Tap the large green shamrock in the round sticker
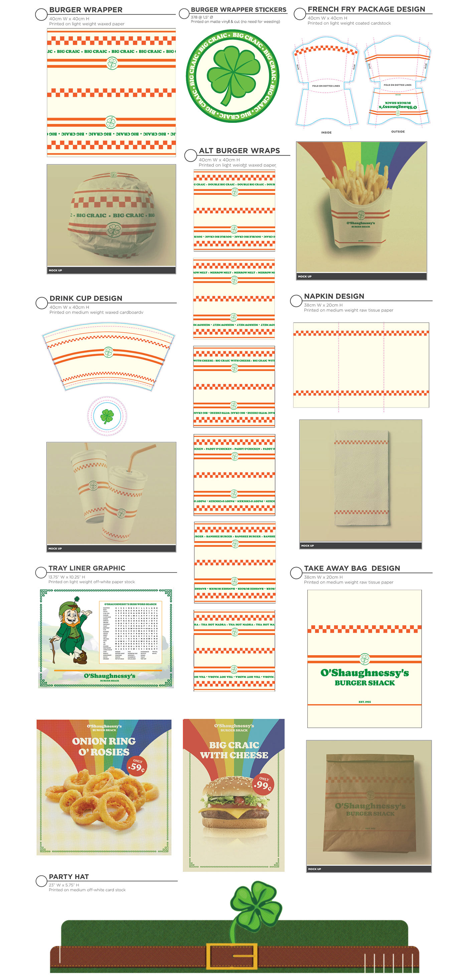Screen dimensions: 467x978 pyautogui.click(x=232, y=72)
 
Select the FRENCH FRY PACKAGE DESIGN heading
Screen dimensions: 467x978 pyautogui.click(x=366, y=9)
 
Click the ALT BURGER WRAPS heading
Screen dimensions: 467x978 pyautogui.click(x=239, y=151)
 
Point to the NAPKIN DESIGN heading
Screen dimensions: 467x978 pyautogui.click(x=334, y=296)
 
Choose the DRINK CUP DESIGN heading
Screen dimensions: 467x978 pyautogui.click(x=86, y=299)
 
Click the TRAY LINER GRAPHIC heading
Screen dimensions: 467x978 pyautogui.click(x=87, y=568)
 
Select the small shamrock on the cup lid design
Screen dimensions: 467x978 pyautogui.click(x=107, y=416)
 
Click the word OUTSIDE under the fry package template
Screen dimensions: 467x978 pyautogui.click(x=398, y=132)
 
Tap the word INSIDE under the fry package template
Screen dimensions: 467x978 pyautogui.click(x=326, y=133)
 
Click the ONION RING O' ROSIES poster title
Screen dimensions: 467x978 pyautogui.click(x=104, y=746)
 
